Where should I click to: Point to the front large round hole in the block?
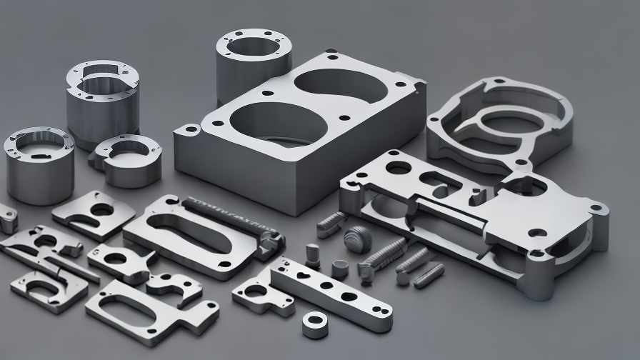[278, 125]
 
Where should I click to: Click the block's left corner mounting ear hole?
[190, 131]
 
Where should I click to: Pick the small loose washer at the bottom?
[315, 325]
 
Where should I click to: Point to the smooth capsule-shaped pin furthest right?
[429, 275]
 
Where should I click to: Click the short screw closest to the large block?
[330, 224]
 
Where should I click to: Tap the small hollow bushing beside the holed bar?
[339, 268]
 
